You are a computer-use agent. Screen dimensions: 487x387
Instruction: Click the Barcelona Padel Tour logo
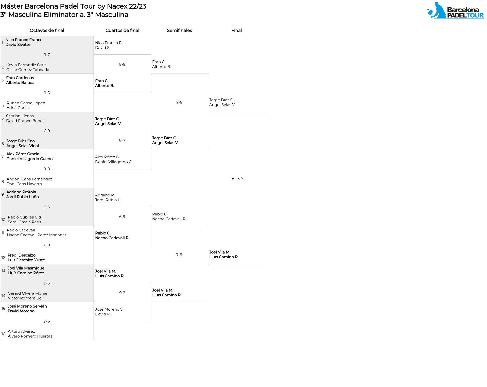[455, 10]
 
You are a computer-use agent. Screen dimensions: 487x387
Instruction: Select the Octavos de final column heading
[47, 30]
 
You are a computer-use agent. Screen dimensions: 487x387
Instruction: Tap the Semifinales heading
[179, 30]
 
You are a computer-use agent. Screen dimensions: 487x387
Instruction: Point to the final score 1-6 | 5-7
[236, 179]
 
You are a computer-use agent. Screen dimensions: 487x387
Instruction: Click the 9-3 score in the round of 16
[47, 283]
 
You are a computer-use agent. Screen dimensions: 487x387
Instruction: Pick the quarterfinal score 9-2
[122, 293]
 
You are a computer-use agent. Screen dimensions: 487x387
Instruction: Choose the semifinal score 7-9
[179, 255]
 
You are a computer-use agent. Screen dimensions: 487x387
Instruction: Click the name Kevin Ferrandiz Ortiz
[26, 65]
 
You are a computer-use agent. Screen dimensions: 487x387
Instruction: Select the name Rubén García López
[26, 103]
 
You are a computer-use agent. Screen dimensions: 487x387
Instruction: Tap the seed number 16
[3, 334]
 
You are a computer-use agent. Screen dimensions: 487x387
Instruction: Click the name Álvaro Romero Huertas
[30, 336]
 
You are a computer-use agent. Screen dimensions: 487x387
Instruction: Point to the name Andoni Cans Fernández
[29, 179]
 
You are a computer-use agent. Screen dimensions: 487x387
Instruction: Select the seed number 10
[3, 220]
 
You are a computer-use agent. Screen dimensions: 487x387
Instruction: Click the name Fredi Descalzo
[22, 255]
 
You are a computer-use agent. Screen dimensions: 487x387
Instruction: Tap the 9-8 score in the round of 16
[47, 169]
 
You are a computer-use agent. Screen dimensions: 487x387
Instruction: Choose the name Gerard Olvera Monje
[27, 293]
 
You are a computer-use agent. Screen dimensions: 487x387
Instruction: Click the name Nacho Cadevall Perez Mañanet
[37, 235]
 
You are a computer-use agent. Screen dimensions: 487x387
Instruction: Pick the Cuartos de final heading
[122, 30]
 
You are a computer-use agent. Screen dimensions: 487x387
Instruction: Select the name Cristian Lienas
[20, 116]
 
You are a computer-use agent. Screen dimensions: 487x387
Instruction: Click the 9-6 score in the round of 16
[47, 321]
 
